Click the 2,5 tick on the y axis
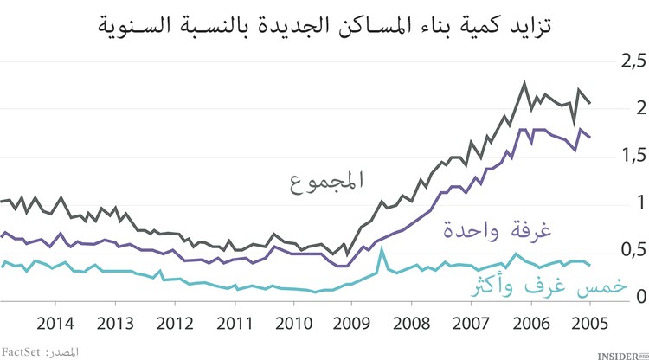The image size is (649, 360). [x=627, y=61]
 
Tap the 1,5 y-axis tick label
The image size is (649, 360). [x=627, y=156]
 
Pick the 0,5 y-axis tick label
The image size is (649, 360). [x=627, y=250]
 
